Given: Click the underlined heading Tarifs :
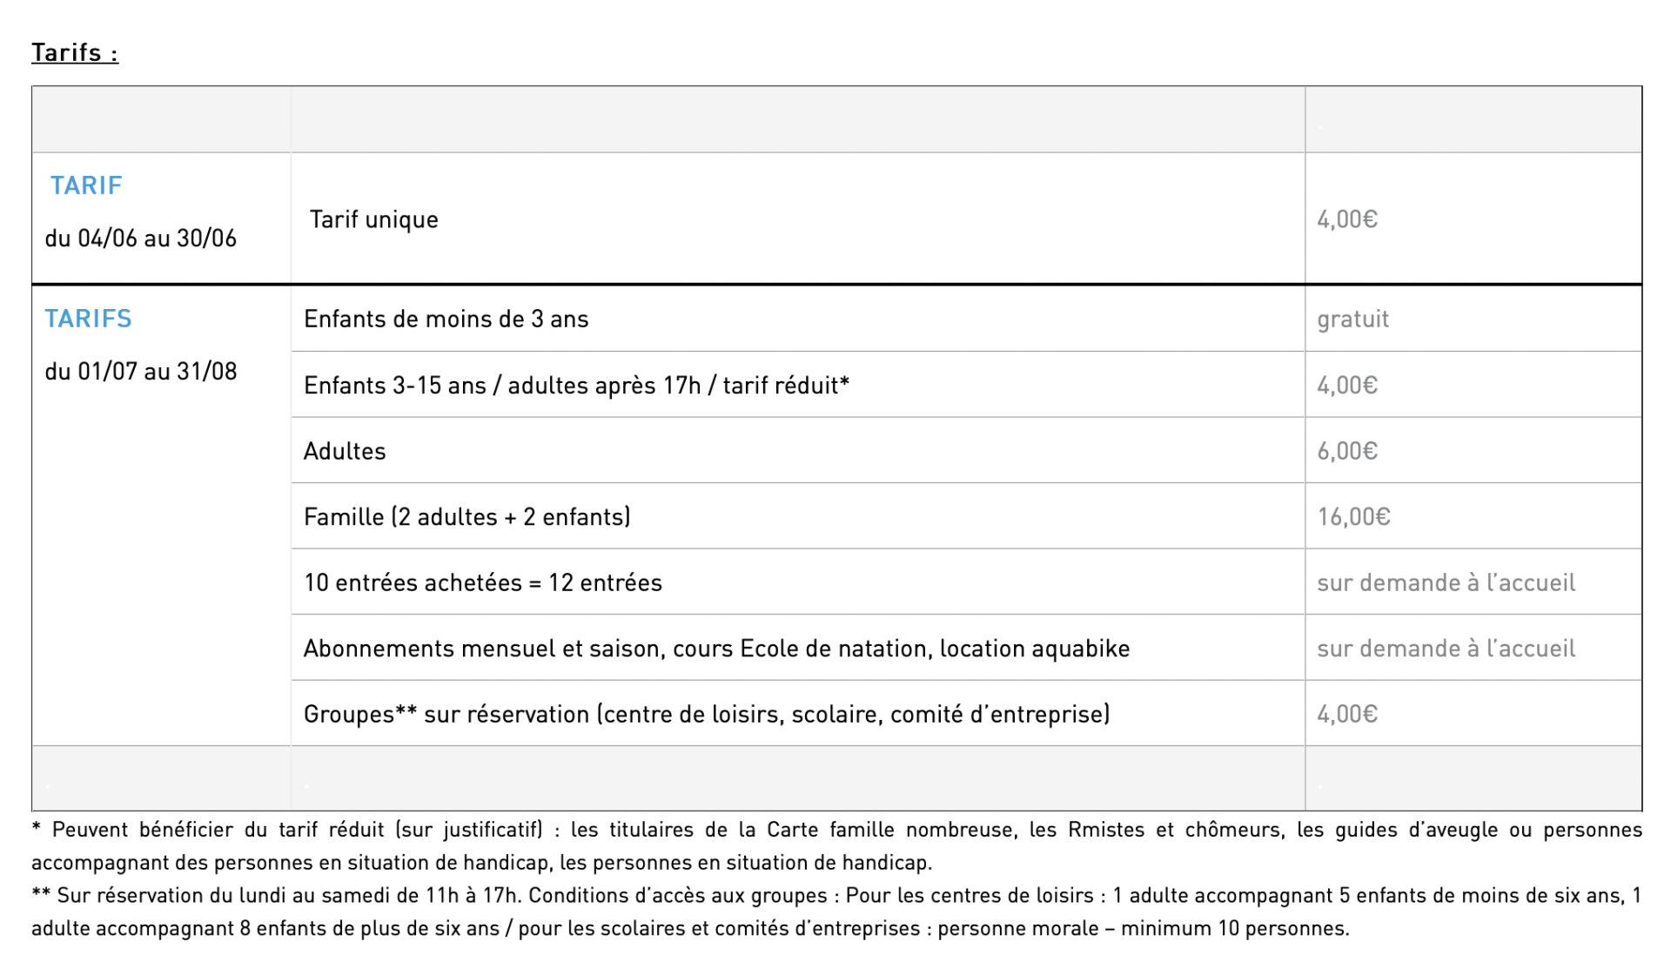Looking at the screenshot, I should tap(75, 53).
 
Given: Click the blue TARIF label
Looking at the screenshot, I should tap(86, 185).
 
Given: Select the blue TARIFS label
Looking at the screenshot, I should tap(88, 319).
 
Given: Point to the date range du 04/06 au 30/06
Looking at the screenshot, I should tap(141, 239).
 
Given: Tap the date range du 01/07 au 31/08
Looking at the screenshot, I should tap(141, 372).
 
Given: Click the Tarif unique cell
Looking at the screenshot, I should tap(374, 219).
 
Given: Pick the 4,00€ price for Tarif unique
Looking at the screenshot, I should tap(1347, 219).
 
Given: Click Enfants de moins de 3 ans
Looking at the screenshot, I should tap(446, 319).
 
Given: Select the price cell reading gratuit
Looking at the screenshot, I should tap(1352, 319).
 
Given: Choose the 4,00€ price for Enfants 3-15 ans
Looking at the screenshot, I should tap(1347, 386).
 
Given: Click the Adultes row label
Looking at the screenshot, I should tap(345, 452).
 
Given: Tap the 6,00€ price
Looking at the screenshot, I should tap(1347, 452).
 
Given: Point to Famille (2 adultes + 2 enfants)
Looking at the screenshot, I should tap(466, 517).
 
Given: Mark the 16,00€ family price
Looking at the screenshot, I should tap(1353, 517).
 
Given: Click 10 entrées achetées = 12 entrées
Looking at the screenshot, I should tap(483, 583).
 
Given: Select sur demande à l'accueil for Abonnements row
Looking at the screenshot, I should tap(1446, 649).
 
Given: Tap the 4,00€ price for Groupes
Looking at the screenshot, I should tap(1347, 715).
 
